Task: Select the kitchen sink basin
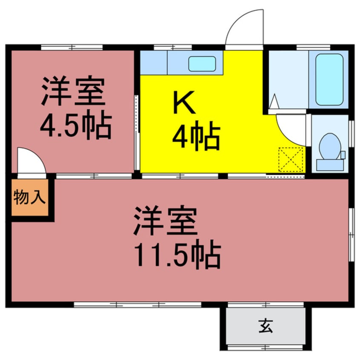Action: [202, 64]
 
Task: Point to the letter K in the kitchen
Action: [184, 103]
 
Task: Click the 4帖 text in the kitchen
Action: [195, 136]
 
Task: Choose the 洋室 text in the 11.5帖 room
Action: [166, 221]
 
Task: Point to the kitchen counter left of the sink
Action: [154, 63]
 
